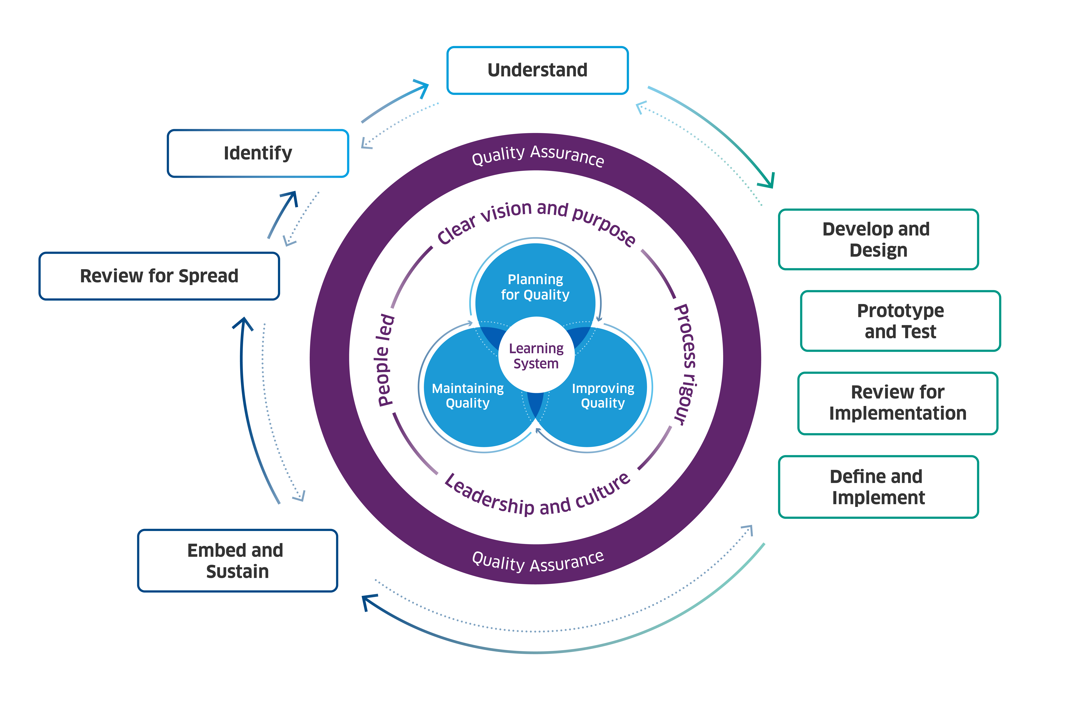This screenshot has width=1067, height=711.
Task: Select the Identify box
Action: pos(258,153)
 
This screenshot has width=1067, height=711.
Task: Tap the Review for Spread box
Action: pos(159,276)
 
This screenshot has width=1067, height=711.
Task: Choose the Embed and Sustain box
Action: pos(237,560)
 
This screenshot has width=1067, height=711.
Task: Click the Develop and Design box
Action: pos(878,239)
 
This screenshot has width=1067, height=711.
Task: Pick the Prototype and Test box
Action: pos(900,321)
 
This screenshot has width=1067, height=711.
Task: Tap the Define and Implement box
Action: pos(878,487)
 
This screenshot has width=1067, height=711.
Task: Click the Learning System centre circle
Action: pos(536,356)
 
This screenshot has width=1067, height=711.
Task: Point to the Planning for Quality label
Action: pos(535,287)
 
